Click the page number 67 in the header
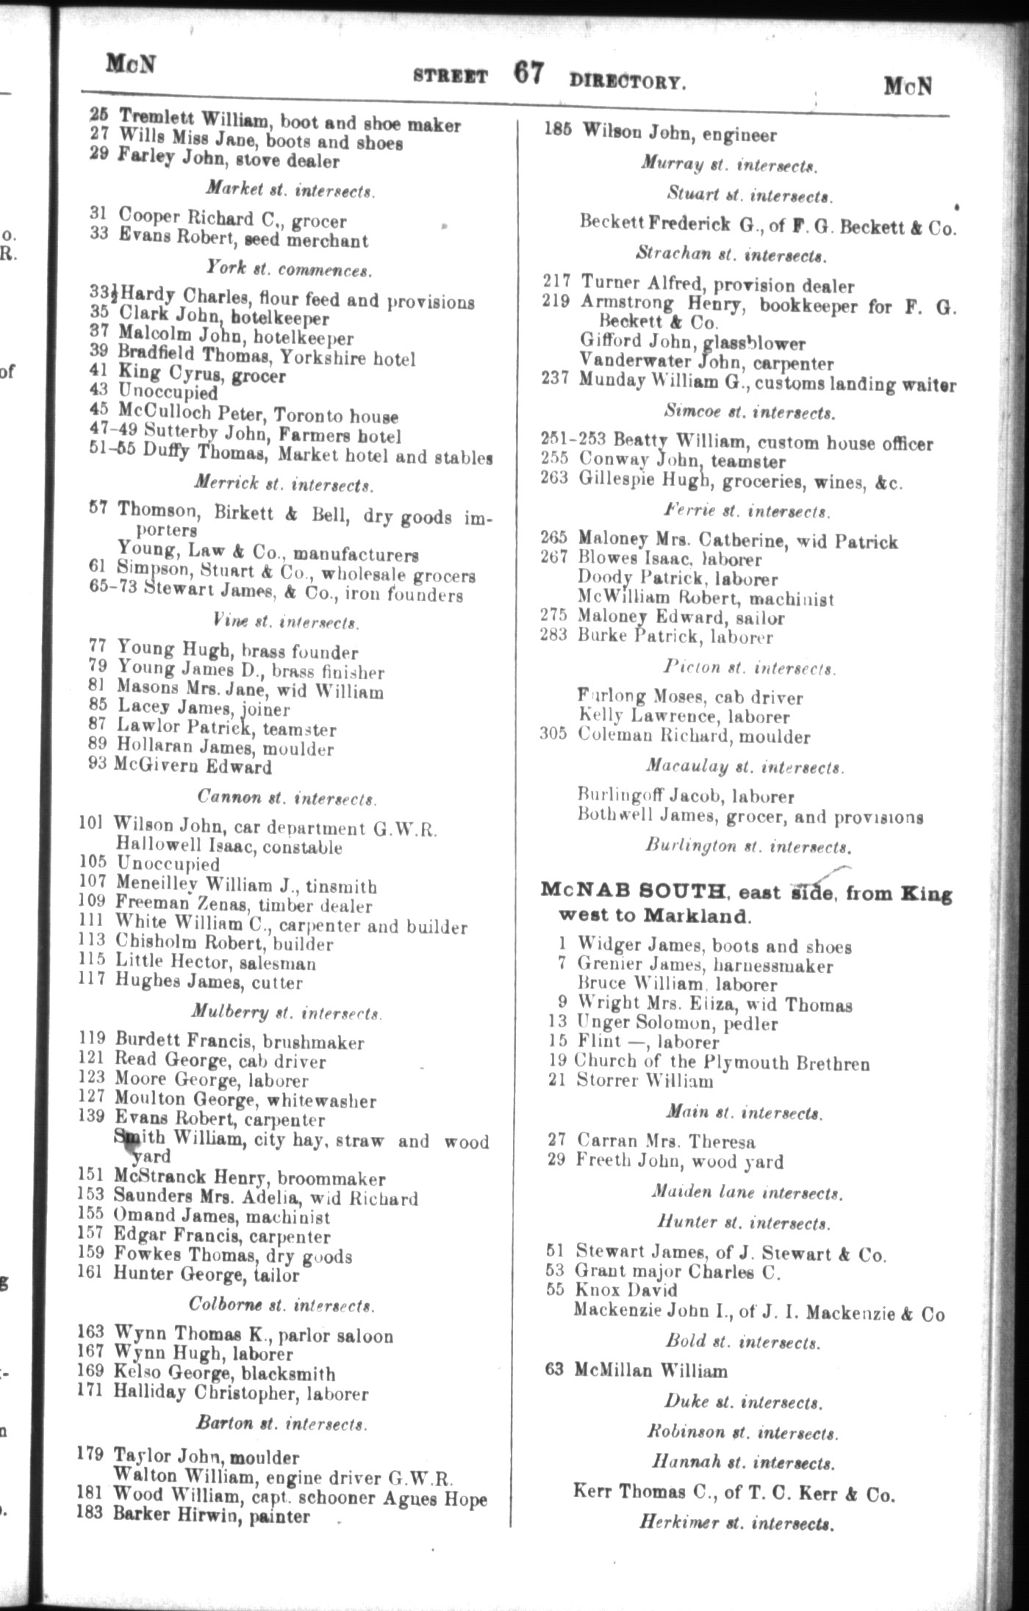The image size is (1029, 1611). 528,73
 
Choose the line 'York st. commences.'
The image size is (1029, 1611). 288,269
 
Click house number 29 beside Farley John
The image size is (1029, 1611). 99,157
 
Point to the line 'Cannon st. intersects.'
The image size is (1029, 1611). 287,797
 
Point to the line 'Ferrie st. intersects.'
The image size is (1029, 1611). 747,510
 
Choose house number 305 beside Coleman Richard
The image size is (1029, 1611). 553,734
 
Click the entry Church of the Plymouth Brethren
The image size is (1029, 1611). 721,1062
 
